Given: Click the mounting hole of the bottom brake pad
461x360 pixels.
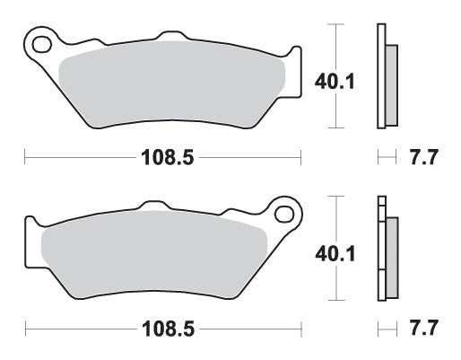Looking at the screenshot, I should (x=286, y=215).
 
